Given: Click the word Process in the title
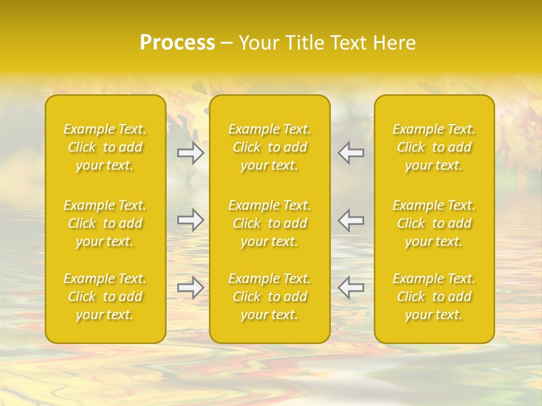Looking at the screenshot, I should (x=177, y=43).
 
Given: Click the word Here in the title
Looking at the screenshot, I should (x=395, y=43).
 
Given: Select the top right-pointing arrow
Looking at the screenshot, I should (x=191, y=153).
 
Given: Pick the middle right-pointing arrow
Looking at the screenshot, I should (x=191, y=220).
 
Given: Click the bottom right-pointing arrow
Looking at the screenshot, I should (x=191, y=288).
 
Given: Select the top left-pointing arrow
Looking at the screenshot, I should (x=351, y=153).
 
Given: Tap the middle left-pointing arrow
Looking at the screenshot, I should (x=351, y=220).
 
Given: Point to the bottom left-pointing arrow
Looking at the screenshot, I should (x=351, y=288).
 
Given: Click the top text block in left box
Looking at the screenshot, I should (x=105, y=147).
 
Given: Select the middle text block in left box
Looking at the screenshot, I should (x=105, y=223).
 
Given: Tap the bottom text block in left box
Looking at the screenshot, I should (x=105, y=297).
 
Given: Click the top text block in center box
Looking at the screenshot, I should (x=270, y=147).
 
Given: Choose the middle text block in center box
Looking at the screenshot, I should (x=270, y=223).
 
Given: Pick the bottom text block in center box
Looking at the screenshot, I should (x=270, y=297).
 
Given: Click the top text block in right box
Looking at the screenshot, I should (x=434, y=147).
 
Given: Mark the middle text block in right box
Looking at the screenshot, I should (x=434, y=223).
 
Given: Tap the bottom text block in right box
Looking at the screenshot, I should (x=434, y=297).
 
